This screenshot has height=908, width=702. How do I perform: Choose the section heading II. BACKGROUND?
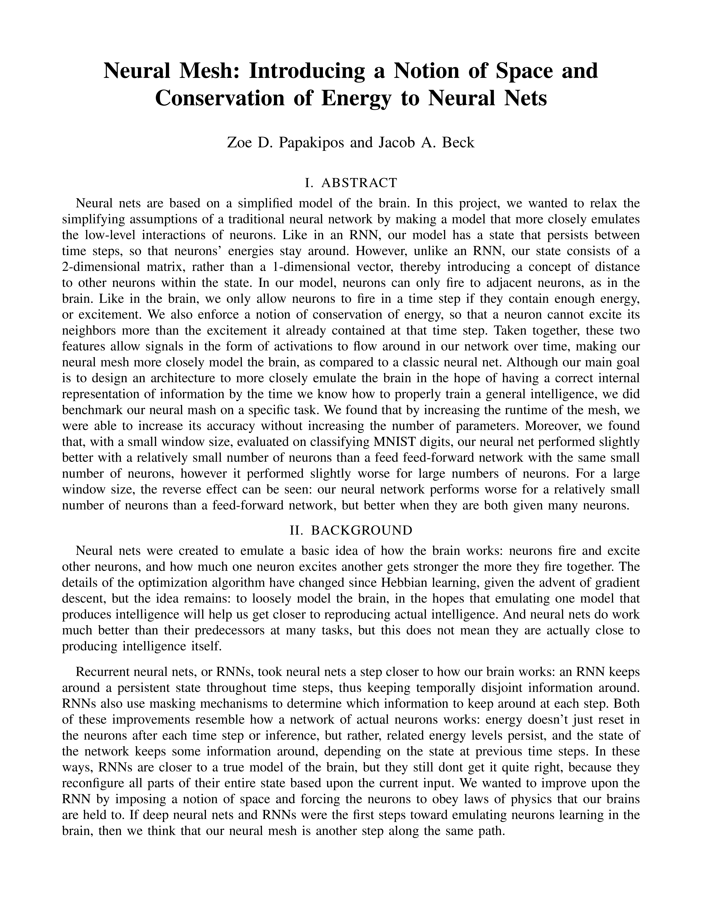tap(351, 530)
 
